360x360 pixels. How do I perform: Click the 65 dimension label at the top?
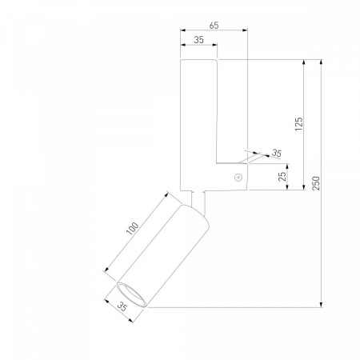(x=214, y=26)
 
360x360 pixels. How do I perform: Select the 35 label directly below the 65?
(x=198, y=40)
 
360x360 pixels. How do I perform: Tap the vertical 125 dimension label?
(x=299, y=124)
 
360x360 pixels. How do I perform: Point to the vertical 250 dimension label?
(x=316, y=183)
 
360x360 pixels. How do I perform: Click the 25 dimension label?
(x=282, y=176)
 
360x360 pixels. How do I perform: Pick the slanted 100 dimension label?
(x=133, y=229)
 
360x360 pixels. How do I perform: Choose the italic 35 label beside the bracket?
(x=277, y=153)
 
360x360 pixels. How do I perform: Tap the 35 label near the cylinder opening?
(x=122, y=306)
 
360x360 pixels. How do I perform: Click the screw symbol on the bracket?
(x=238, y=178)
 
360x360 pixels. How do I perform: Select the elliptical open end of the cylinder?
(x=131, y=295)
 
